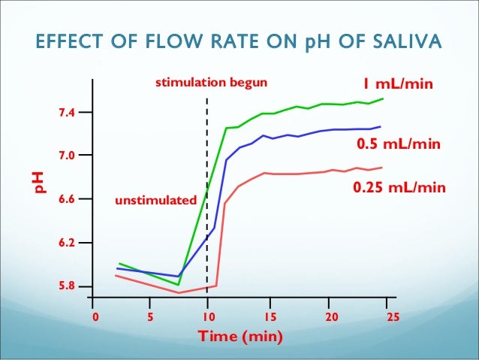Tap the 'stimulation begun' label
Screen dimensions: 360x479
tap(210, 83)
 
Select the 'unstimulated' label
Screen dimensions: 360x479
tap(155, 201)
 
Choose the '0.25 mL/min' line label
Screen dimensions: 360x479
tap(399, 188)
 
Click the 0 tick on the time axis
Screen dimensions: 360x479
tap(95, 317)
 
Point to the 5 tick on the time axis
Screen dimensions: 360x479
tap(151, 317)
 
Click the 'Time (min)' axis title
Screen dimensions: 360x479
tap(240, 336)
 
